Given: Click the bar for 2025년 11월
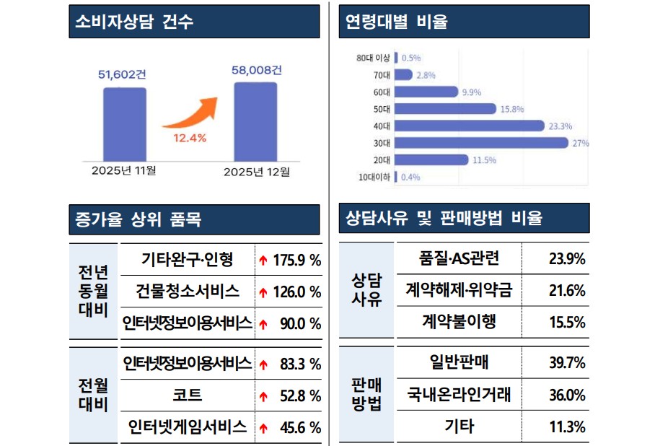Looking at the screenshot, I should point(124,123).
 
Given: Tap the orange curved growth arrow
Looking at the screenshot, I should point(190,113).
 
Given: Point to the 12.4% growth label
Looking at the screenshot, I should point(189,138).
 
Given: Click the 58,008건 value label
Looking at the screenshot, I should point(256,70).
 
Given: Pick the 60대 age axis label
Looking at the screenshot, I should point(382,92).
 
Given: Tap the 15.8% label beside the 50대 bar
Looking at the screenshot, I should point(512,109).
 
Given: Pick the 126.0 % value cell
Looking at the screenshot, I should point(296,292).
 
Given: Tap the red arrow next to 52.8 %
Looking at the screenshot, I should point(263,396).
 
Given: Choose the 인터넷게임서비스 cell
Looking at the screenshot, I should point(187,427).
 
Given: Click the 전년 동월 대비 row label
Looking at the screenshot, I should point(93,292).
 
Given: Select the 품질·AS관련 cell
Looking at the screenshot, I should point(459,258).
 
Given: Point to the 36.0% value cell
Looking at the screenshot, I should point(566,395).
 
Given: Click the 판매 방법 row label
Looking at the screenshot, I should point(366,394).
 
